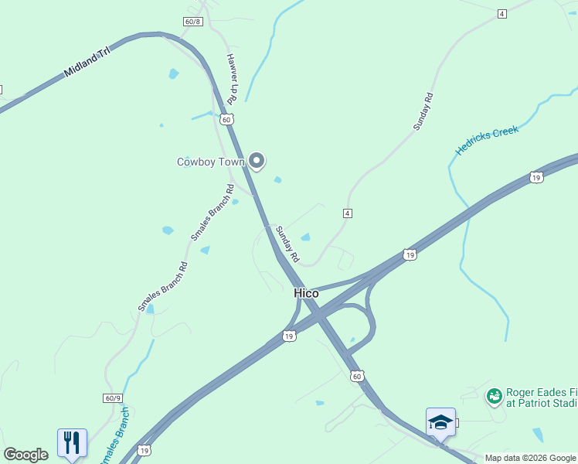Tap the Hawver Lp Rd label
pos(231,79)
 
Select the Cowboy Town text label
pos(211,162)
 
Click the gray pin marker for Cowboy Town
pos(257,161)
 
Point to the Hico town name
pos(306,293)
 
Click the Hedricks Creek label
pos(487,141)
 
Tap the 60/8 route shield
pos(193,21)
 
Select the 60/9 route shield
pos(112,397)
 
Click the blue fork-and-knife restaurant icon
pos(72,443)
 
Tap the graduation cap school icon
pos(440,422)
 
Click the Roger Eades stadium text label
pos(542,397)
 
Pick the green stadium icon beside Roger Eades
pos(494,396)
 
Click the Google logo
pos(25,455)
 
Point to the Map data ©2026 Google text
pos(530,458)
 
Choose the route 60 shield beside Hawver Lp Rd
pos(225,119)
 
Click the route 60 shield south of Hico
pos(355,376)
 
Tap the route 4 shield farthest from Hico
pos(502,14)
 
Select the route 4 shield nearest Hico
pos(348,213)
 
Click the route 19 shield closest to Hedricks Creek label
pos(536,177)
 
